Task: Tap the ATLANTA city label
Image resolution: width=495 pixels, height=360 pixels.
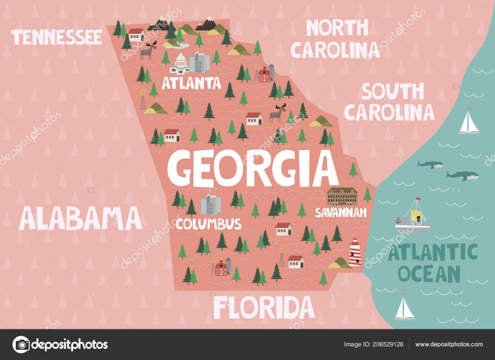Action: click(x=191, y=83)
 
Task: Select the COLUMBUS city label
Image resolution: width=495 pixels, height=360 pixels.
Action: click(x=208, y=223)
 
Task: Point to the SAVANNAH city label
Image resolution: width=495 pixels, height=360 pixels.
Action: click(x=340, y=212)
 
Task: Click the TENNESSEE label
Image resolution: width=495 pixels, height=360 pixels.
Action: click(x=57, y=37)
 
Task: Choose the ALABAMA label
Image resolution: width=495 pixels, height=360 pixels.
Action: click(x=80, y=218)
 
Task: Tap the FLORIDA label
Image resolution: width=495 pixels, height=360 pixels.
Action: click(x=263, y=307)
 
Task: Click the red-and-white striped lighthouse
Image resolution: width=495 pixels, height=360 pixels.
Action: click(x=355, y=253)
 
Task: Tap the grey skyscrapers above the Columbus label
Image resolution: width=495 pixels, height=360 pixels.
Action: click(x=211, y=204)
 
